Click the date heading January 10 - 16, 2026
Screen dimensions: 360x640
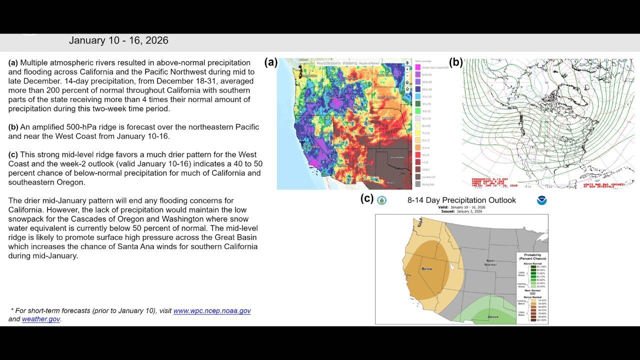click(118, 40)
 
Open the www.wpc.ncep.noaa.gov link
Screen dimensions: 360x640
click(212, 311)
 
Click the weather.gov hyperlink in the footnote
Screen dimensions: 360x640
click(40, 319)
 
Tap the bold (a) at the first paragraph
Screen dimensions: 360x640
click(13, 63)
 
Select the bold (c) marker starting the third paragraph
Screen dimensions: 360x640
click(13, 154)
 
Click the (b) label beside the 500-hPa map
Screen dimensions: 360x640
click(455, 62)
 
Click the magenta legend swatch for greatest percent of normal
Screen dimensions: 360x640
click(418, 67)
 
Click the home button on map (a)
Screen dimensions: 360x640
click(407, 82)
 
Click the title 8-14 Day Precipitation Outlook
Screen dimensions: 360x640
click(461, 200)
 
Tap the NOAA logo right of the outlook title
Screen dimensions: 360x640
click(541, 200)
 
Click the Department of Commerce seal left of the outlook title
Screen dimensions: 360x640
click(382, 200)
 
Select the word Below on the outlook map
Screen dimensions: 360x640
click(426, 269)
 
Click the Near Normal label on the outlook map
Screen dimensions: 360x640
click(490, 262)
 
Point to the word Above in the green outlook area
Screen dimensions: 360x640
click(492, 316)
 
